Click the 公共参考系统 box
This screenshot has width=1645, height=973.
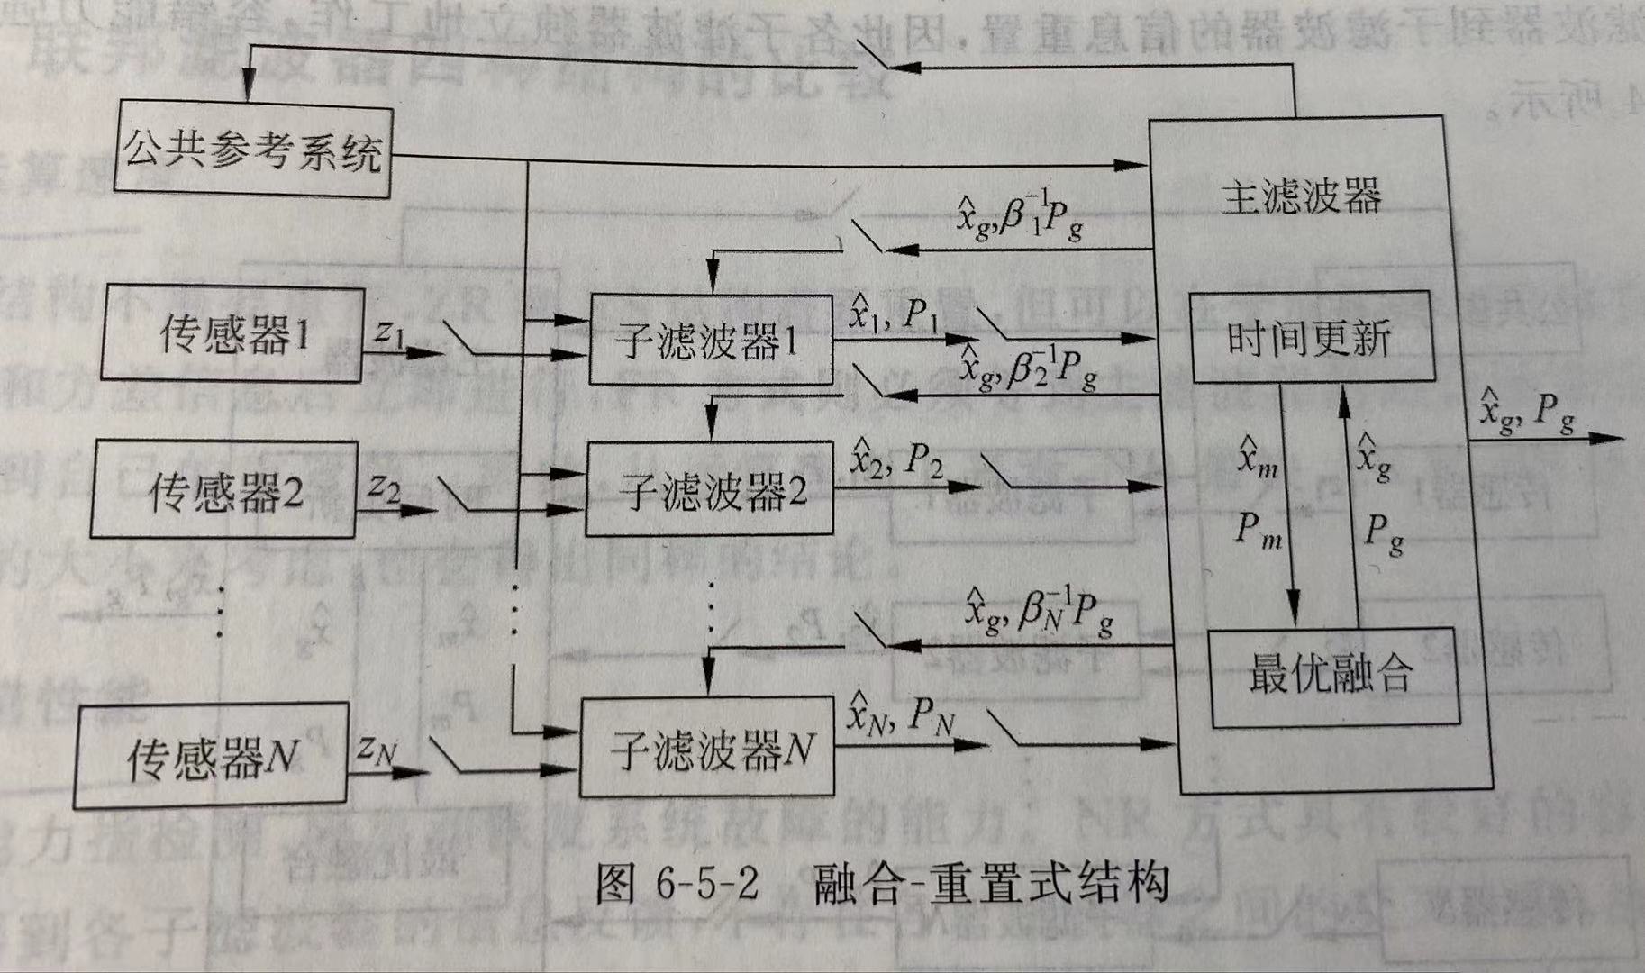point(253,151)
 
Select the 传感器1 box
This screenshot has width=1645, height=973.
point(232,334)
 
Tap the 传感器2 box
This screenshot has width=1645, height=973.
point(224,490)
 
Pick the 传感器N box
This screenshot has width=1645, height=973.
point(211,756)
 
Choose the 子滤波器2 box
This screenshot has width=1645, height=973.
point(710,490)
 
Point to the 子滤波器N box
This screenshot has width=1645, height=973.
point(708,748)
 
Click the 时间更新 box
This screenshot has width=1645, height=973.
point(1311,337)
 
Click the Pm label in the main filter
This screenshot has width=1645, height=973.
point(1259,529)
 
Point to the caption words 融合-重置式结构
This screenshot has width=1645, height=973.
point(991,884)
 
